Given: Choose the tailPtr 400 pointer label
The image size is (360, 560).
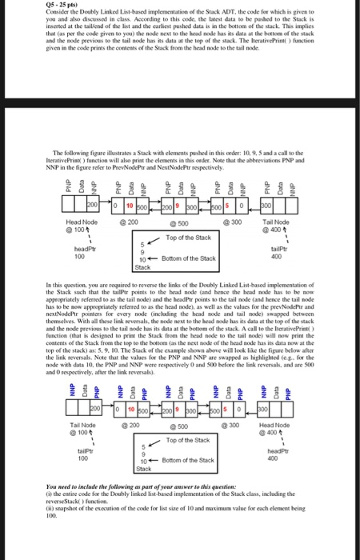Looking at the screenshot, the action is tap(302, 253).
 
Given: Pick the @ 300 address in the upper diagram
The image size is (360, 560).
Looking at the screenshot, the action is tap(238, 219).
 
